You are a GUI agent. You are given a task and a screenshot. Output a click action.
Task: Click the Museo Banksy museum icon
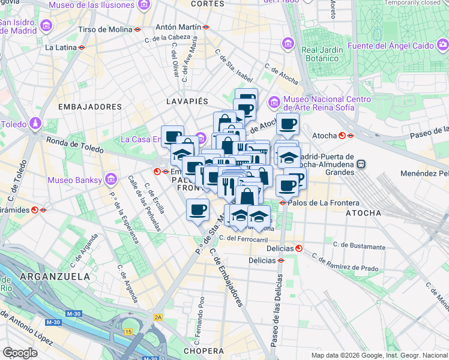pos(110,179)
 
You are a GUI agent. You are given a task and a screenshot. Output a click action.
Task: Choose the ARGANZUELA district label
pos(55,276)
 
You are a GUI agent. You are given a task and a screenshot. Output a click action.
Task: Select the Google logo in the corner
pos(20,353)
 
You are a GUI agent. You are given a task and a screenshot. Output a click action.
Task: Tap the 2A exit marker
pos(158,317)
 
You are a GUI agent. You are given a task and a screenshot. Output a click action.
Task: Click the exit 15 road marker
pos(128,331)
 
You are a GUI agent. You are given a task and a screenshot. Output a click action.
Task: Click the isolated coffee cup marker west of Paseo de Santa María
pos(197,210)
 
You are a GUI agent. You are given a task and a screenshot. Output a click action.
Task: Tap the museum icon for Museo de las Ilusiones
pos(143,5)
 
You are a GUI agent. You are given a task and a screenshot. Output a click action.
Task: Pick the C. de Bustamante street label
pos(360,247)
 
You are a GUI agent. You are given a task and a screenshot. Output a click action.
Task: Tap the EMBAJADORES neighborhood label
pos(90,106)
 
